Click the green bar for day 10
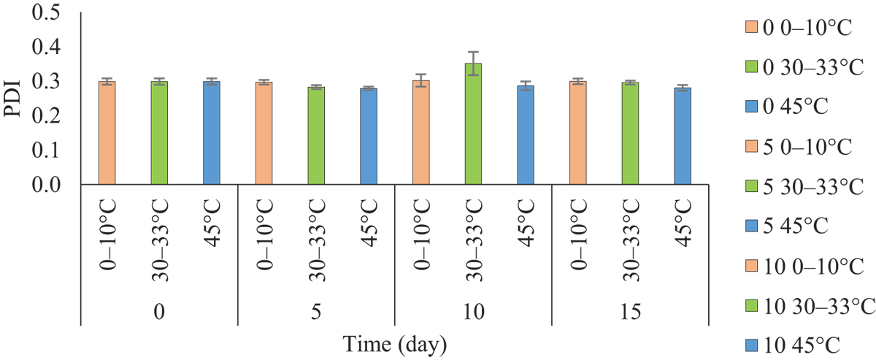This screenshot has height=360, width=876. click(473, 124)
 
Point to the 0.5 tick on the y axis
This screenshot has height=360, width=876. click(54, 14)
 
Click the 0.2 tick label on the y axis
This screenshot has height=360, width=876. click(54, 116)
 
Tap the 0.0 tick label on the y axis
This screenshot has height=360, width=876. click(54, 185)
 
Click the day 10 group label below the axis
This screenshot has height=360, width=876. click(473, 312)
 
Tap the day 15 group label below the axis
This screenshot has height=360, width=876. click(629, 312)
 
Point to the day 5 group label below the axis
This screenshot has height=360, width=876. click(316, 312)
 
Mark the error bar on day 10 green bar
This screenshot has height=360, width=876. click(473, 64)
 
